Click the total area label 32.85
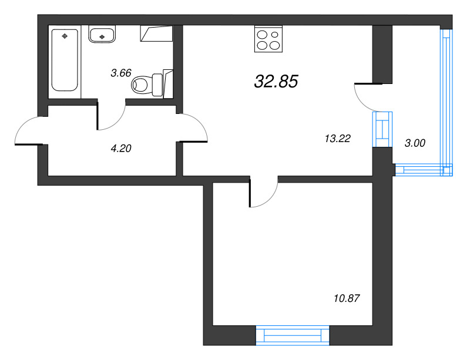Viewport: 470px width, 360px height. [x=276, y=82]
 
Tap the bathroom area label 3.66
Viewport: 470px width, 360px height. [x=120, y=73]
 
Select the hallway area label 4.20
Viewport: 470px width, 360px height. [x=120, y=148]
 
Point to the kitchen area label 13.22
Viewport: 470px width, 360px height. [x=337, y=139]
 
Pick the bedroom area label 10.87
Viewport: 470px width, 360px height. [x=345, y=298]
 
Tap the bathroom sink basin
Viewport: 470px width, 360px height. [x=102, y=35]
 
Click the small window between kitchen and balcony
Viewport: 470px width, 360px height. [x=382, y=129]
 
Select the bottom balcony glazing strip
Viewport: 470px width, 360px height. [x=423, y=171]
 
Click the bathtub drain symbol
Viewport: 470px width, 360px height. [x=65, y=36]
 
